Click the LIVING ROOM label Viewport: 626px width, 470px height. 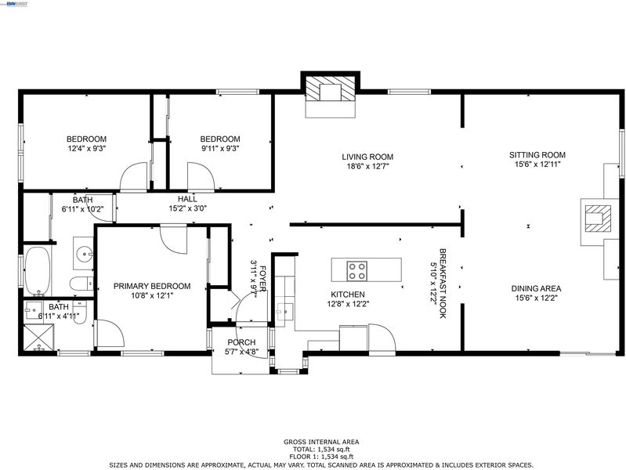[x=367, y=157]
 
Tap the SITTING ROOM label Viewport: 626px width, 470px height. [x=537, y=155]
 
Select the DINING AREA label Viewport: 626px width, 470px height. [x=536, y=288]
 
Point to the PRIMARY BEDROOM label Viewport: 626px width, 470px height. [x=152, y=286]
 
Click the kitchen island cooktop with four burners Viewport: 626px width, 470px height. [x=357, y=271]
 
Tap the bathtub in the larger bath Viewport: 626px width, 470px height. [x=38, y=271]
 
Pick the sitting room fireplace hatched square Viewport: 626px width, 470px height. [x=598, y=219]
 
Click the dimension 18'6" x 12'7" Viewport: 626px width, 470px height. [x=367, y=166]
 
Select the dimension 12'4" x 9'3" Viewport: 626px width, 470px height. [x=87, y=148]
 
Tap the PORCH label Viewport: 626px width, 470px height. [x=241, y=342]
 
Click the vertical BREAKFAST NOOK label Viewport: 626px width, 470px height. [x=443, y=283]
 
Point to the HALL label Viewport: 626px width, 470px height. [x=187, y=199]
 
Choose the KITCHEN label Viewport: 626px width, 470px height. [x=348, y=295]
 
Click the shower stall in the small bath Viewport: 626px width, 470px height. [x=38, y=338]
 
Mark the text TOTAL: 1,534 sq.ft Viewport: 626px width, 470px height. [x=321, y=449]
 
